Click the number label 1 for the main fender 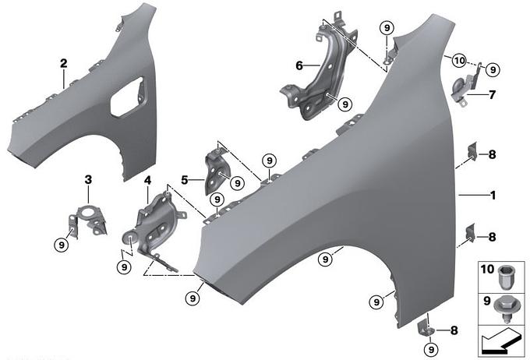[x=493, y=196]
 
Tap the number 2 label [x=63, y=62]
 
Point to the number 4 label [x=147, y=180]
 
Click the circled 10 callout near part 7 [x=458, y=60]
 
